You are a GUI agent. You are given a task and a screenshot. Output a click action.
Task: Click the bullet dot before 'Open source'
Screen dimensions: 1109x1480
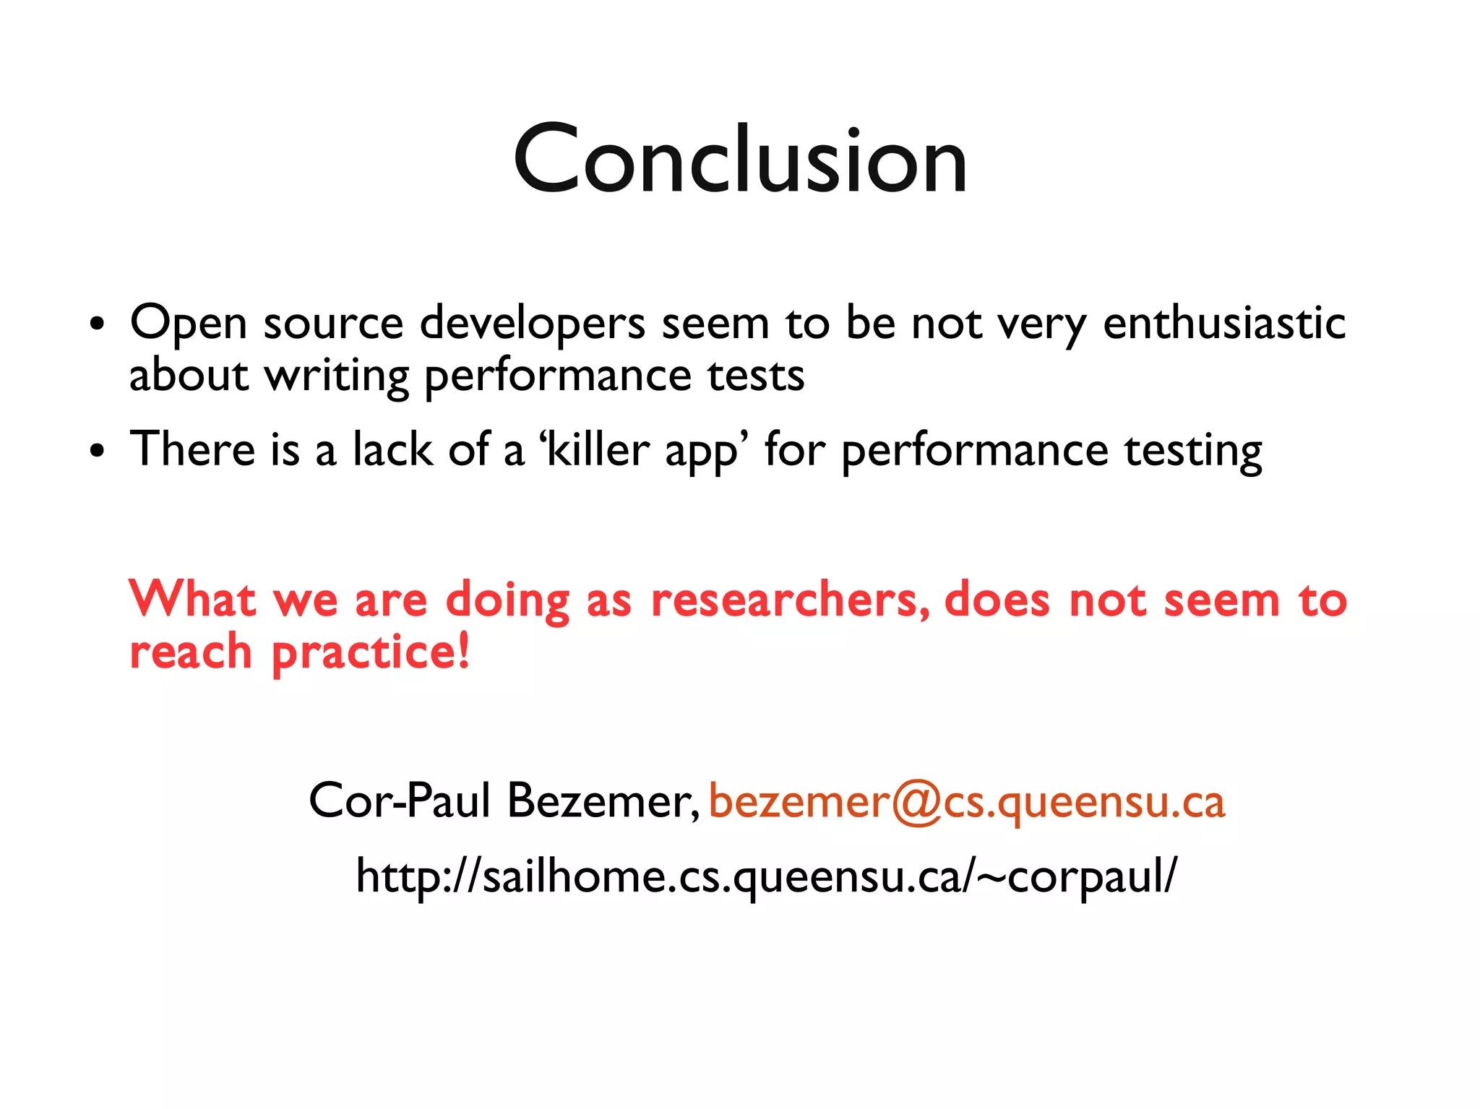tap(97, 324)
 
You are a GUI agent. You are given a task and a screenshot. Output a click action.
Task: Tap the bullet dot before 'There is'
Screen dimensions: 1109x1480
tap(97, 452)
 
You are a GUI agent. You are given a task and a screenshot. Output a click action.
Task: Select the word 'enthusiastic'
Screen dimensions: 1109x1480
tap(1223, 323)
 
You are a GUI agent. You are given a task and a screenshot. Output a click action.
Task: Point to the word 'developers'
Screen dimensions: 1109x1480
tap(533, 323)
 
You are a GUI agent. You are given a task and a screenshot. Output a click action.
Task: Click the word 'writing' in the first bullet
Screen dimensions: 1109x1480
tap(337, 376)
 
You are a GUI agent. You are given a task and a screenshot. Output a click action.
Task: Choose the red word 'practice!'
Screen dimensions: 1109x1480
tap(371, 652)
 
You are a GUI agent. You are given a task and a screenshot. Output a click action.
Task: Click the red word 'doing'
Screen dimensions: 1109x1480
tap(507, 600)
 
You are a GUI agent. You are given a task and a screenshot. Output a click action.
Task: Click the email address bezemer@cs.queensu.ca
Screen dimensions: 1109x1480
tap(967, 802)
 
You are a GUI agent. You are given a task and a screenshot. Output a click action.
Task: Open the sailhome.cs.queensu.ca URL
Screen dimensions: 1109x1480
tap(766, 876)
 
